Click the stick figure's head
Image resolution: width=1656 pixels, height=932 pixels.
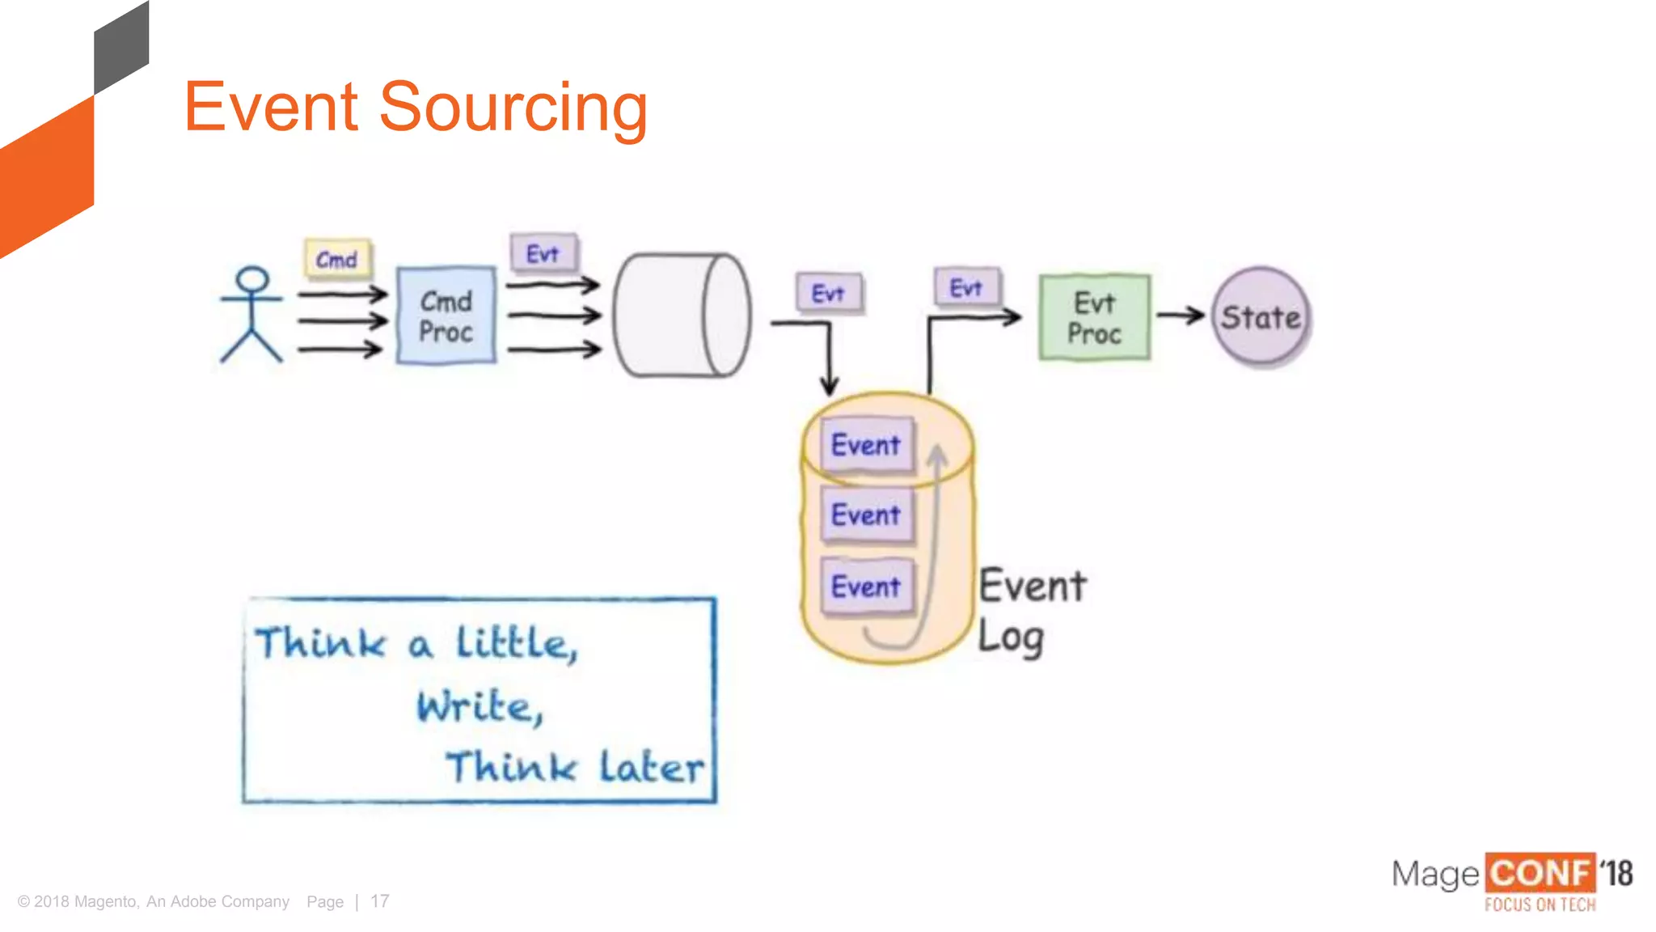[x=251, y=280]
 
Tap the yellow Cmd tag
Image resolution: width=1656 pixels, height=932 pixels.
[x=337, y=259]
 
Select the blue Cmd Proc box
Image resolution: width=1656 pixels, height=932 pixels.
[x=446, y=316]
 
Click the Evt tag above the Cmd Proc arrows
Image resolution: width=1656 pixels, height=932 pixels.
[x=543, y=253]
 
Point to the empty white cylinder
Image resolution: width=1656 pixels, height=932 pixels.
[x=681, y=316]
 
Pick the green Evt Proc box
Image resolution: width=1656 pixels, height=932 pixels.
[x=1094, y=317]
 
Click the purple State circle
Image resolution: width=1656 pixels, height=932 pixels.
[x=1260, y=317]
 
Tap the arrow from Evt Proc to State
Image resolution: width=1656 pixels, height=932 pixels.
[x=1181, y=316]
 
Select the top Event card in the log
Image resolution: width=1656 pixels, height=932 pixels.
[x=866, y=444]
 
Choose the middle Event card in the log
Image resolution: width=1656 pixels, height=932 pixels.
[x=866, y=515]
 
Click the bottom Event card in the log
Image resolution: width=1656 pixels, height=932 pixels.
[x=866, y=586]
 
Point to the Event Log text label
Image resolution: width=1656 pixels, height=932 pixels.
[x=1031, y=610]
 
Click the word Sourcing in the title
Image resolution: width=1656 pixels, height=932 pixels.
[x=513, y=107]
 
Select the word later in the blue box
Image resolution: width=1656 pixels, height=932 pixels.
[x=651, y=767]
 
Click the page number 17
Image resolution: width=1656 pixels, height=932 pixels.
[x=380, y=901]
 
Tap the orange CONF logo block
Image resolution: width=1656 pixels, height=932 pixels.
[x=1540, y=874]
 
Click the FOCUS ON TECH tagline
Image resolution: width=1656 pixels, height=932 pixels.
[x=1540, y=904]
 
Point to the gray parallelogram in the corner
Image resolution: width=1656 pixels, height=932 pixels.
[x=121, y=49]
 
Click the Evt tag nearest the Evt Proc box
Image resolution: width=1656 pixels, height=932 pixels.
[x=966, y=287]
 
